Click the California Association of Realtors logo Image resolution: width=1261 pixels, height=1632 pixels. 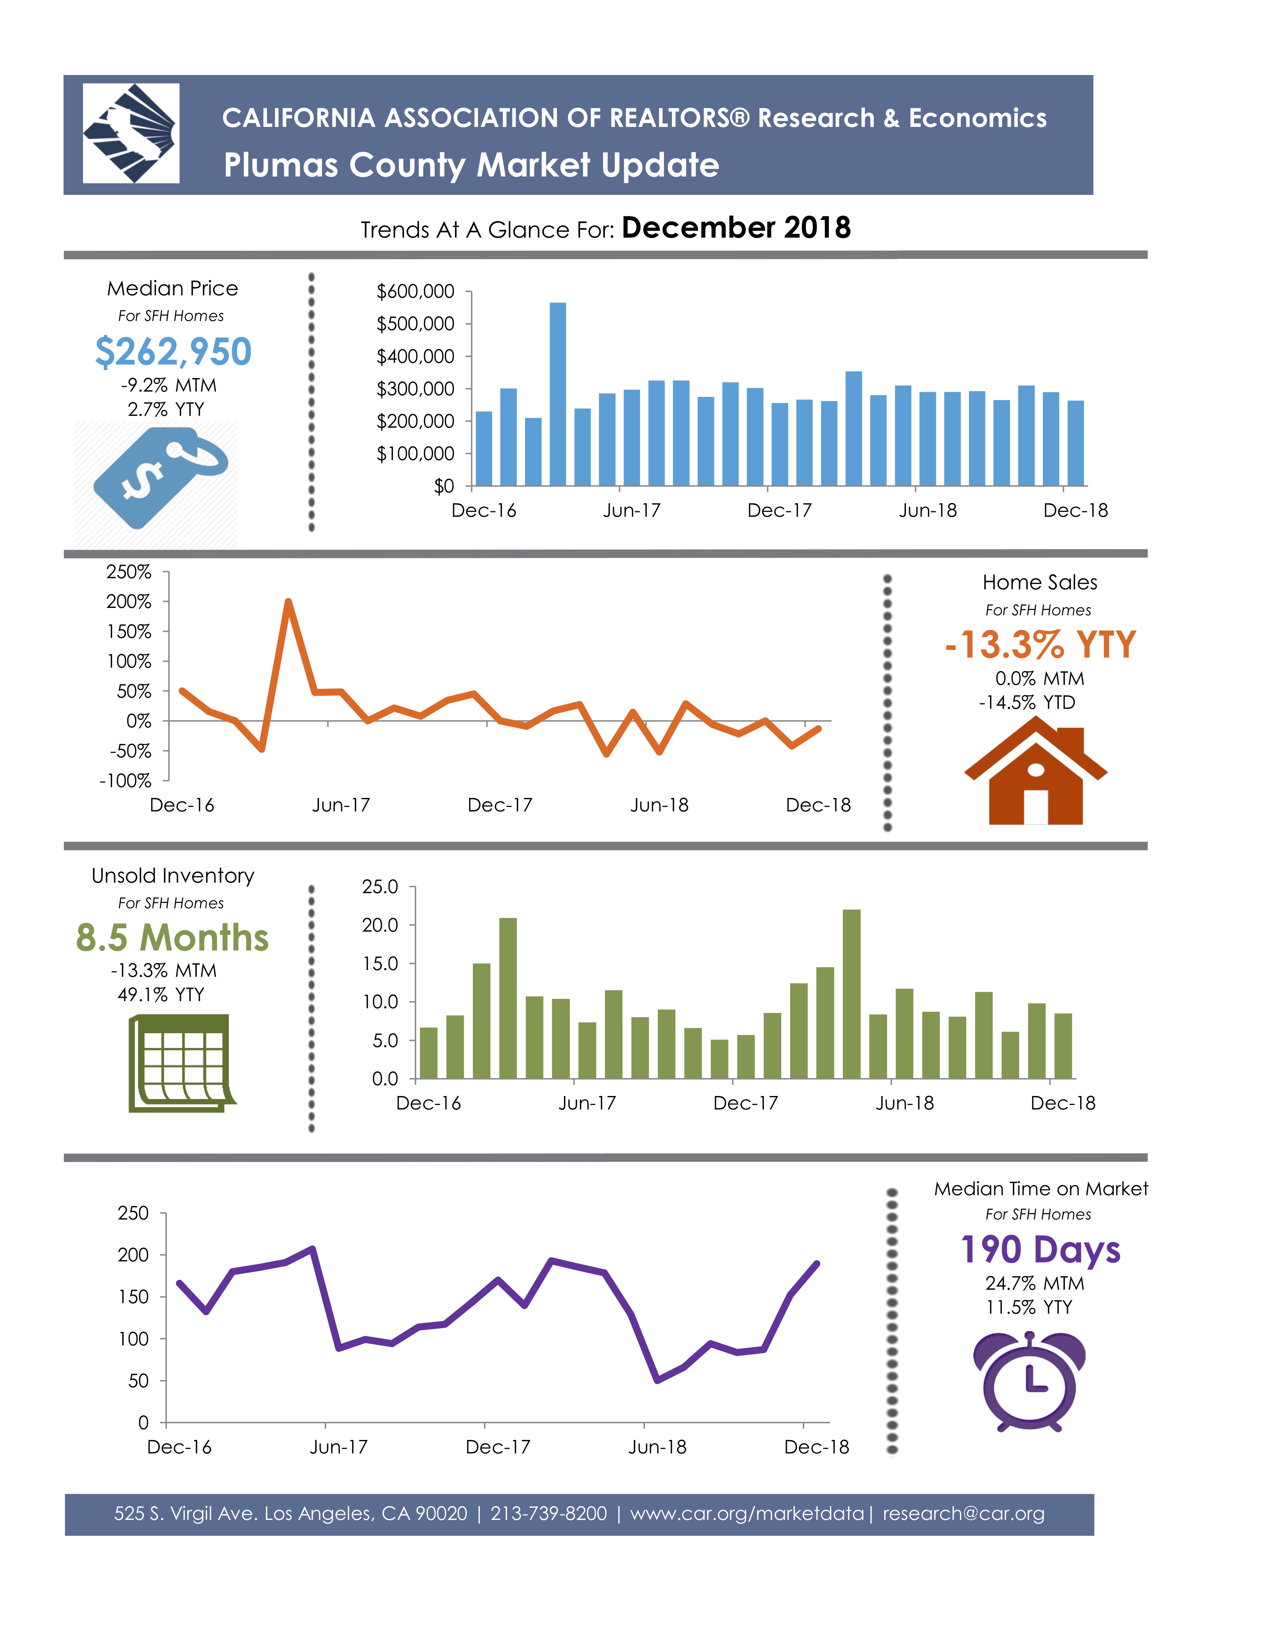131,133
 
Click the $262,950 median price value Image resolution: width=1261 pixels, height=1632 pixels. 173,351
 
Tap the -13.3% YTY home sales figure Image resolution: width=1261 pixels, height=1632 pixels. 1040,644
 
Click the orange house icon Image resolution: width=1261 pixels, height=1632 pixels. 1036,771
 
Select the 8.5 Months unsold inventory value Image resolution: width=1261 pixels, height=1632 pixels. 172,937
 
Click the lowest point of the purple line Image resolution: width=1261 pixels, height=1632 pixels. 658,1380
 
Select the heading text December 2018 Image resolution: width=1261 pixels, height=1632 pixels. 736,227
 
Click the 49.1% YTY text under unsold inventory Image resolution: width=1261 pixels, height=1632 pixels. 161,995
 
